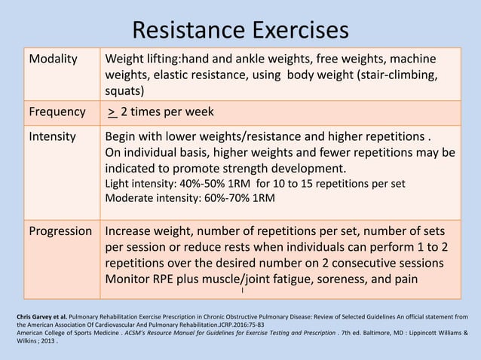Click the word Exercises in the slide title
[300, 30]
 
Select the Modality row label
[54, 59]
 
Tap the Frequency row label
[57, 112]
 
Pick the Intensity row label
[53, 138]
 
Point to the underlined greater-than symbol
[112, 112]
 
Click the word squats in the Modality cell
[124, 91]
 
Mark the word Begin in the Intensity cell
[122, 138]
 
